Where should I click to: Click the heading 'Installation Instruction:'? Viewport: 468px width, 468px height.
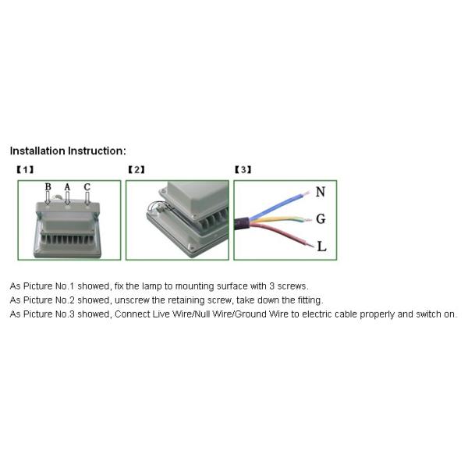(x=68, y=151)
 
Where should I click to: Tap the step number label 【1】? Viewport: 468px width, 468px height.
(x=25, y=170)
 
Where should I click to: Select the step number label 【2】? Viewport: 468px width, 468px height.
(x=136, y=170)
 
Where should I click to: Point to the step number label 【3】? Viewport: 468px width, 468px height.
(x=243, y=170)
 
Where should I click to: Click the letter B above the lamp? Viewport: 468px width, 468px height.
(x=48, y=187)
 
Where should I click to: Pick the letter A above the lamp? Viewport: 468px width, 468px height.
(x=67, y=187)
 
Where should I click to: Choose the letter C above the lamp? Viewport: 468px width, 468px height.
(x=87, y=187)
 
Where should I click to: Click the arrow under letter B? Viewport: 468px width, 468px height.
(x=48, y=198)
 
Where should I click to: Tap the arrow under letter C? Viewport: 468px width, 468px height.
(x=87, y=198)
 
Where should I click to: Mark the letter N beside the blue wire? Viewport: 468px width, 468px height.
(x=321, y=192)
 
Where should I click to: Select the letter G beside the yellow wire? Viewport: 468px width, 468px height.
(x=321, y=219)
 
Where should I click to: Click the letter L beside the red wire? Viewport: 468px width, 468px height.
(x=321, y=246)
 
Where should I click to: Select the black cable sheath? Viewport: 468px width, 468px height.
(x=242, y=224)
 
